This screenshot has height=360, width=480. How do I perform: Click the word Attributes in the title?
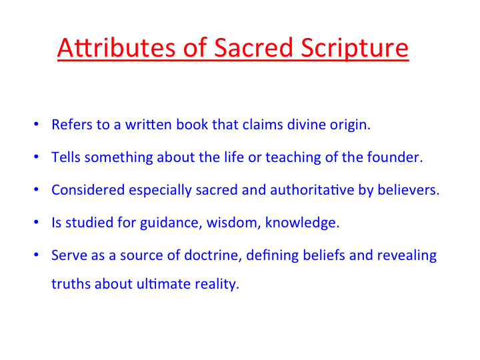point(116,47)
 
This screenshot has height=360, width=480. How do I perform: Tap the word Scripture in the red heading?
point(355,49)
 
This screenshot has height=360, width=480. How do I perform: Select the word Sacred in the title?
point(253,47)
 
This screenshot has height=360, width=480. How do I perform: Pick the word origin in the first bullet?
point(350,126)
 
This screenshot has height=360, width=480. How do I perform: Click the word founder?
point(395,157)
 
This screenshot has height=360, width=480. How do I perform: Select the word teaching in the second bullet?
point(293,158)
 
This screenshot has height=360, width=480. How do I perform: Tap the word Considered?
point(88,190)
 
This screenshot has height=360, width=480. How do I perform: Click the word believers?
point(409,190)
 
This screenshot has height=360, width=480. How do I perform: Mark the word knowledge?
point(302,223)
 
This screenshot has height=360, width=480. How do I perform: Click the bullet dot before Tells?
point(36,157)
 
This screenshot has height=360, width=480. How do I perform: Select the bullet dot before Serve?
point(36,255)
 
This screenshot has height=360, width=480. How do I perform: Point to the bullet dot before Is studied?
point(36,222)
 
